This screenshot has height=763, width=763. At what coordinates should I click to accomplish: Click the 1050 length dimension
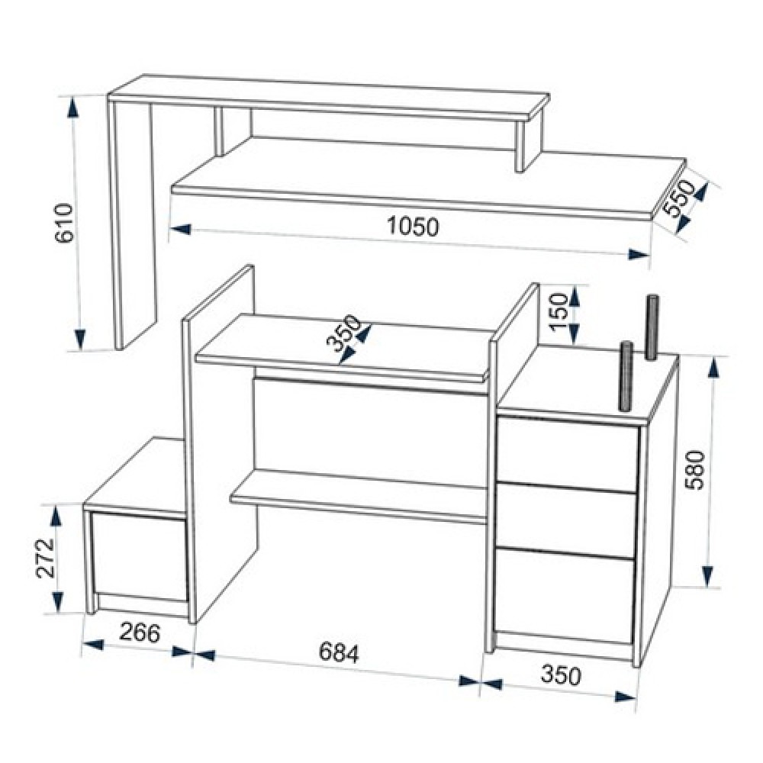coord(413,227)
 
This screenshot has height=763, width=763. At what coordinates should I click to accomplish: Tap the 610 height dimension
coord(64,224)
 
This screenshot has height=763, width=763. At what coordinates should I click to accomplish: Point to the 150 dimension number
coord(559,311)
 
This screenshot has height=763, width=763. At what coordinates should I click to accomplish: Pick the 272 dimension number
coord(46,558)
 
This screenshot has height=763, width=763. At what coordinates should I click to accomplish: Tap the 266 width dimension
coord(140,633)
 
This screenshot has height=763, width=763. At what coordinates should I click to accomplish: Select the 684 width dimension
coord(339,653)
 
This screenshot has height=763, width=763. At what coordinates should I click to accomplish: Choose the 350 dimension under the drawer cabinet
coord(561,675)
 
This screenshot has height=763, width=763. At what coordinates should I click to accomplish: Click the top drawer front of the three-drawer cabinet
coord(568,452)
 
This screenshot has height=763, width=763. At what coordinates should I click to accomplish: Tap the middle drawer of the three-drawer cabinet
coord(565,518)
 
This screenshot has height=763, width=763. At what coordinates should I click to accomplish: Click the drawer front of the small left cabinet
coord(139,555)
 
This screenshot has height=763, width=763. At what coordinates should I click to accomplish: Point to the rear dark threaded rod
coord(651,327)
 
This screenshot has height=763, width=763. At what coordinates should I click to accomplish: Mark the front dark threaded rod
coord(626,375)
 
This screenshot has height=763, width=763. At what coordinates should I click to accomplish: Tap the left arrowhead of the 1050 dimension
coord(181,229)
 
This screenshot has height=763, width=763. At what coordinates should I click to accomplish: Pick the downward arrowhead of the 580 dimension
coord(709,577)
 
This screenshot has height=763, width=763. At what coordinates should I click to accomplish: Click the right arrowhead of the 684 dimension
coord(469,681)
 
